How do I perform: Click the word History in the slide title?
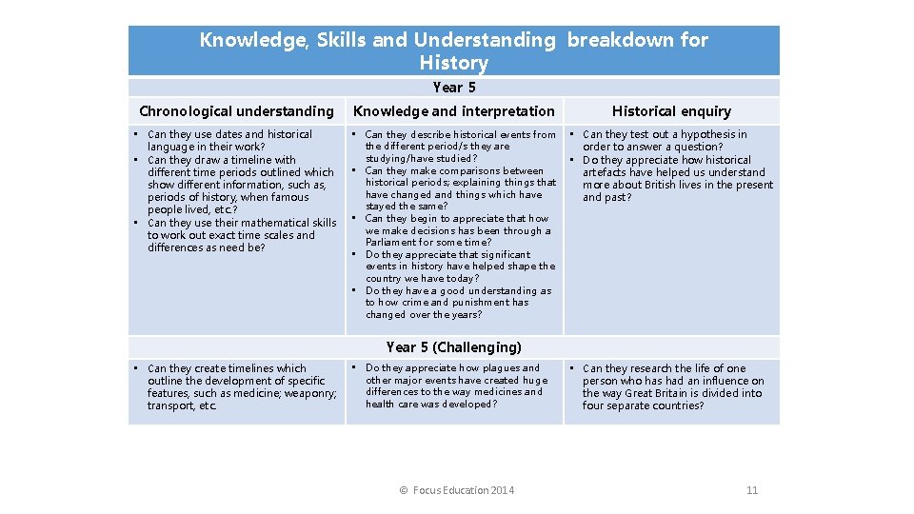453,64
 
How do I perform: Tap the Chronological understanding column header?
236,111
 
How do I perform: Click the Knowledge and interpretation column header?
454,111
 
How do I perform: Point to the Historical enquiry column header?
671,111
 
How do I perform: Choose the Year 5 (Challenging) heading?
454,347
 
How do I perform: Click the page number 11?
752,490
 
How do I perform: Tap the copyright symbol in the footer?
404,490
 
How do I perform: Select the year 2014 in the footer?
501,490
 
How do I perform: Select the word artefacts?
606,172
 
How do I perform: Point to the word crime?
415,303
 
